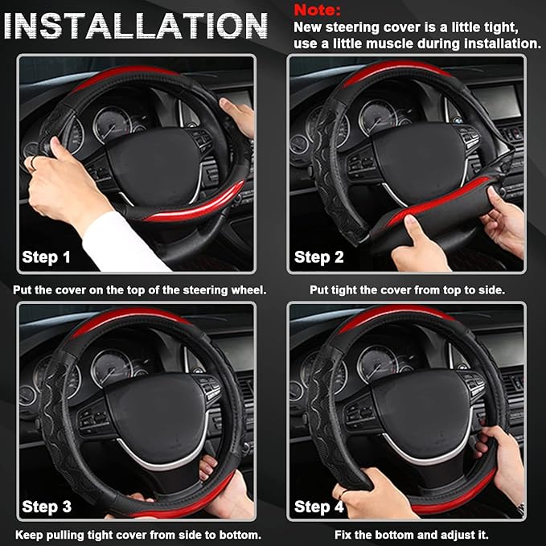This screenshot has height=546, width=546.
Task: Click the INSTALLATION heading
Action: [x=135, y=27]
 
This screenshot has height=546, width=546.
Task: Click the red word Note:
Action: [x=317, y=10]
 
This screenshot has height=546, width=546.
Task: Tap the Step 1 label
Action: [x=47, y=258]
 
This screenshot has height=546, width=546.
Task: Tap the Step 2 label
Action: [x=318, y=257]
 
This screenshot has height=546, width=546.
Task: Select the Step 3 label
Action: [x=47, y=507]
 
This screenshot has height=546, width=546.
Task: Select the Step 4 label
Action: [x=318, y=507]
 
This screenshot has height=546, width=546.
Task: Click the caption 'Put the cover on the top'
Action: [x=139, y=289]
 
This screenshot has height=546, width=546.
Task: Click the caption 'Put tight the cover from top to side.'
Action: [x=408, y=289]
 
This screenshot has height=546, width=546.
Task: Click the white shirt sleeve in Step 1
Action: [x=121, y=242]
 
